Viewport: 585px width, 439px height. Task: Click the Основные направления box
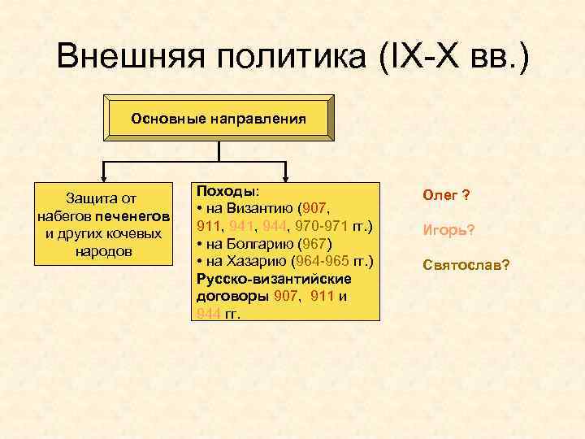click(219, 119)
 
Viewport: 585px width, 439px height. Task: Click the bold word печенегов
click(132, 216)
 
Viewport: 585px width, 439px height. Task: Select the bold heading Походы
click(225, 190)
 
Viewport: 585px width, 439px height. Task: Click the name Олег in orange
click(440, 196)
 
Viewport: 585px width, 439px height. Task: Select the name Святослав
click(461, 265)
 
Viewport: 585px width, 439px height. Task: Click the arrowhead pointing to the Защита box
click(103, 177)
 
